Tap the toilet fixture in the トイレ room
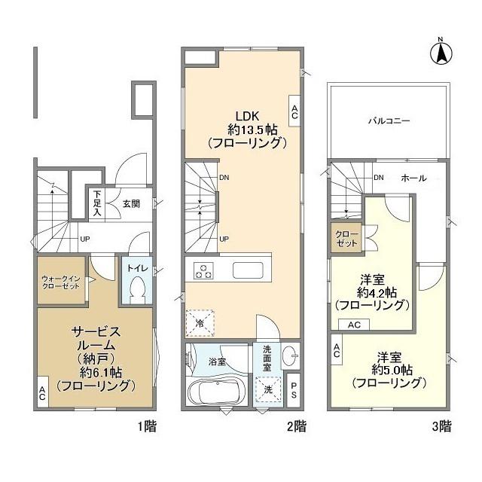point(137,289)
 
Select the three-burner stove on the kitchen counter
point(203,271)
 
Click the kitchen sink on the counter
point(248,270)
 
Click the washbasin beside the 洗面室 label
point(289,356)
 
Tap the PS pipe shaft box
point(294,390)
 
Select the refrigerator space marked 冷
point(200,323)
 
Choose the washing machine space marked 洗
point(268,389)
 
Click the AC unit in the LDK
point(294,111)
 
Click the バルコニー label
point(389,120)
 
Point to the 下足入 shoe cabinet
point(97,203)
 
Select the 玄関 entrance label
point(131,204)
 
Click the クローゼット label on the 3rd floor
point(346,239)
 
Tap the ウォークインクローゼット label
point(61,282)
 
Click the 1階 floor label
point(147,426)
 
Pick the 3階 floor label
point(442,426)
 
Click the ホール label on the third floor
point(413,178)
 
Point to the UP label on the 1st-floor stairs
point(85,239)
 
